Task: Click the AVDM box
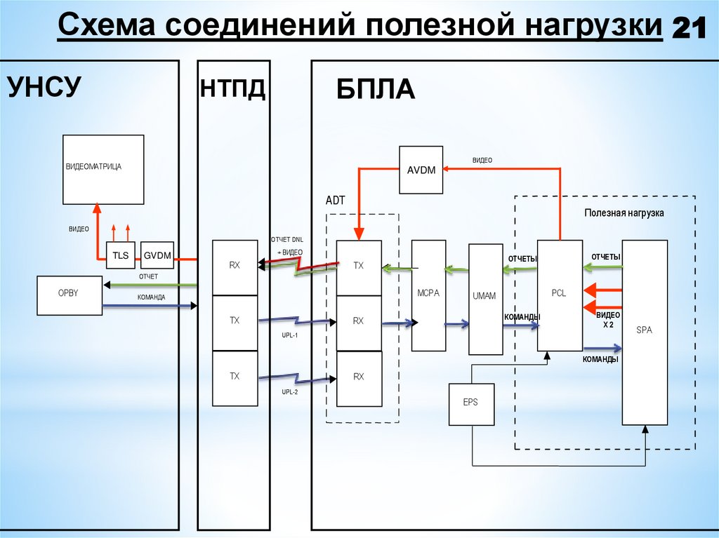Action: (x=421, y=170)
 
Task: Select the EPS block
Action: (x=471, y=404)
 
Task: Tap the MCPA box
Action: (x=428, y=295)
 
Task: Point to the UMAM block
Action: (x=485, y=298)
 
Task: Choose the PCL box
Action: (x=560, y=295)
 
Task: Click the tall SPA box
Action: (x=645, y=332)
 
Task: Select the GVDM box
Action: (x=157, y=256)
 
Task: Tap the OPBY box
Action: (x=69, y=295)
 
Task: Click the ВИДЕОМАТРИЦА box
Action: (x=103, y=169)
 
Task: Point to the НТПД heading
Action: (x=233, y=89)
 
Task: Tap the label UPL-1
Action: (x=290, y=335)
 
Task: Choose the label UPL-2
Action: (x=290, y=392)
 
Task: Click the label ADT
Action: (x=336, y=201)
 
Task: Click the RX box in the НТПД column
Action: (x=235, y=267)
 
